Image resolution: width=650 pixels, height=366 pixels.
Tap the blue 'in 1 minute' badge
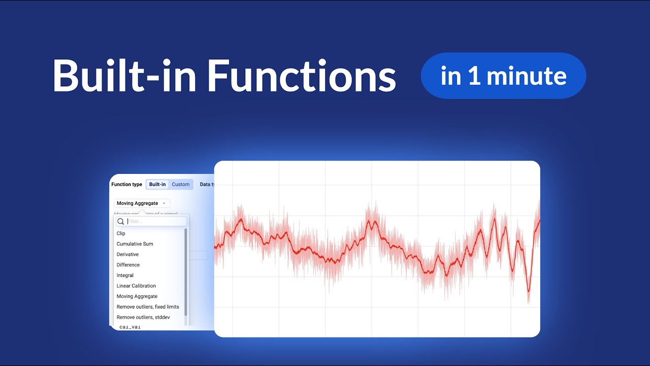coord(503,76)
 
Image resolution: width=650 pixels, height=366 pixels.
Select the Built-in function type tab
coord(157,185)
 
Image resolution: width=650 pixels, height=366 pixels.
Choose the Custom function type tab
coord(180,185)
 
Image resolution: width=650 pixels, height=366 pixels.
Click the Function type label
coord(126,185)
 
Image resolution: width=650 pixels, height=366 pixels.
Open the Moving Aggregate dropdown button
coord(141,203)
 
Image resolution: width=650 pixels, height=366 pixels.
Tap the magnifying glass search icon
coord(121,222)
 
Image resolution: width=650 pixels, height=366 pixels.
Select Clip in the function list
coord(121,233)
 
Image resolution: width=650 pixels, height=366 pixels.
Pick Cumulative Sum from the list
coord(135,244)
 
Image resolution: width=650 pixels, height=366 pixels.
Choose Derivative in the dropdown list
coord(127,254)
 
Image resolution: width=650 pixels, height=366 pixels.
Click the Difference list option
coord(128,265)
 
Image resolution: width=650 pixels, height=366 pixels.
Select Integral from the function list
coord(125,276)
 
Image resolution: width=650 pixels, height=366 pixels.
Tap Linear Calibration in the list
coord(136,286)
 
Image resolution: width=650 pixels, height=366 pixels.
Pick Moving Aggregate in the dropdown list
coord(137,296)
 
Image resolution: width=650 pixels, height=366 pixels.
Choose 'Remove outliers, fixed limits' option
coord(148,307)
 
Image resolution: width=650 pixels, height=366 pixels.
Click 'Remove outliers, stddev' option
coord(143,317)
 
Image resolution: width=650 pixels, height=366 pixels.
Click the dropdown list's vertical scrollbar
coord(186,272)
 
